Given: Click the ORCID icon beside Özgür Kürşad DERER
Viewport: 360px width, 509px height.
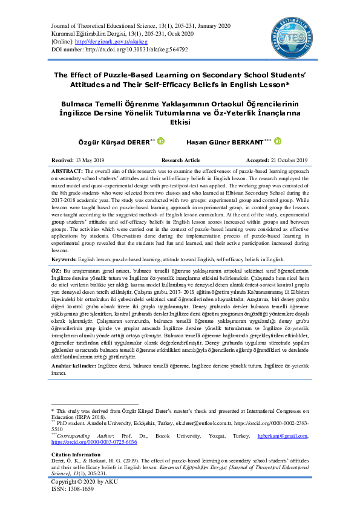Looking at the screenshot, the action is [160, 141].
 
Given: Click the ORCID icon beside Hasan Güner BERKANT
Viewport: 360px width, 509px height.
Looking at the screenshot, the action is [278, 141].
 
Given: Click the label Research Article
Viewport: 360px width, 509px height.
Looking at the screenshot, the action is [181, 160].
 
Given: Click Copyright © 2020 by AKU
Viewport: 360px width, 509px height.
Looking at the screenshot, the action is [86, 482].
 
